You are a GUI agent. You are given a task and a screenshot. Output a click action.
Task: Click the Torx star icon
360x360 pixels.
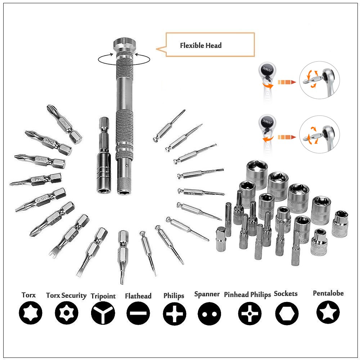pyautogui.click(x=31, y=313)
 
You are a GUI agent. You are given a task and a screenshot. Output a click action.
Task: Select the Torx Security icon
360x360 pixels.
pyautogui.click(x=66, y=313)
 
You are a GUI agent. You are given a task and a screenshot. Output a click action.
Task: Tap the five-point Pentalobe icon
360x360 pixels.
pyautogui.click(x=328, y=312)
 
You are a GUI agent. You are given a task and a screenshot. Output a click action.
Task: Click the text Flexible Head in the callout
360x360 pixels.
pyautogui.click(x=201, y=45)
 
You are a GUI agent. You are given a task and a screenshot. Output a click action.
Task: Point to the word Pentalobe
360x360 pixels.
pyautogui.click(x=328, y=293)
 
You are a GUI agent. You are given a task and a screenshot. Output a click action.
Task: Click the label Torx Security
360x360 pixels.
pyautogui.click(x=66, y=295)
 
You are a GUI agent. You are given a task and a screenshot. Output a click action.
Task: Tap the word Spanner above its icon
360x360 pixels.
pyautogui.click(x=207, y=294)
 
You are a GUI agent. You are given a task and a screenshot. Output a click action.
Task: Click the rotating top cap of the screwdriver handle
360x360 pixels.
pyautogui.click(x=123, y=45)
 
